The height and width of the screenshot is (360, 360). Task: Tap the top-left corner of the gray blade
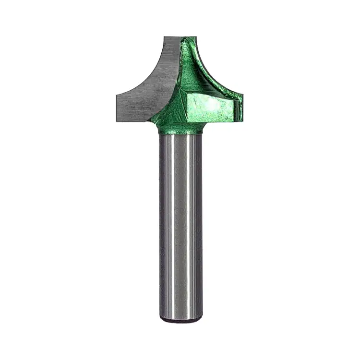point(164,37)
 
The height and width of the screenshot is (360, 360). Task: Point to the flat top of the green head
point(187,37)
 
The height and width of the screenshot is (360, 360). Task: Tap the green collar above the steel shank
point(180,129)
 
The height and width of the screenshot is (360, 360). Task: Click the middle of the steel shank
point(180,226)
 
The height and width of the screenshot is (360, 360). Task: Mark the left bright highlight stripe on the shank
point(168,226)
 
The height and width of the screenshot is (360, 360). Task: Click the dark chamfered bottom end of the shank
point(180,318)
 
